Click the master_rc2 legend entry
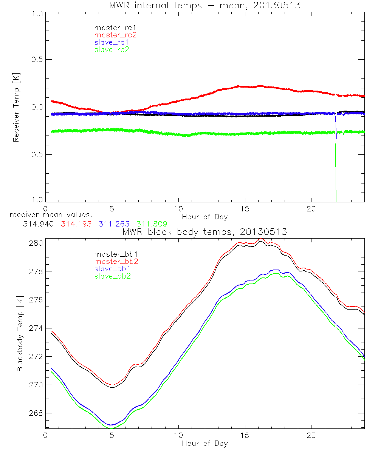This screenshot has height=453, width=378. tap(115, 35)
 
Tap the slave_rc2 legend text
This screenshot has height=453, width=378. tap(112, 49)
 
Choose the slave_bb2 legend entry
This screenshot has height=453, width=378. tap(112, 276)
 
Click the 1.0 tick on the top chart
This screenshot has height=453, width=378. tap(36, 14)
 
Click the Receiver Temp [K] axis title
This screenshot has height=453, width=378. tap(16, 107)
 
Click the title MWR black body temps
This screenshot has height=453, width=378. tap(204, 232)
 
